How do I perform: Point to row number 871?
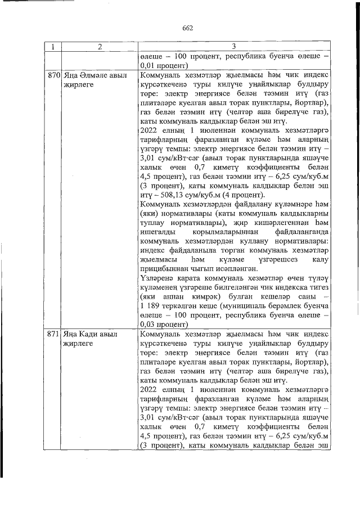click(x=53, y=334)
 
